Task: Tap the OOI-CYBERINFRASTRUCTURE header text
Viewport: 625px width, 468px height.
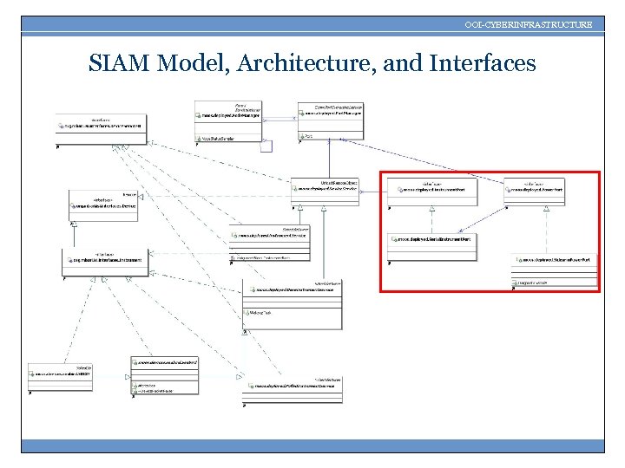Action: click(528, 24)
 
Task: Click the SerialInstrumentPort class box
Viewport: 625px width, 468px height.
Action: click(431, 244)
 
